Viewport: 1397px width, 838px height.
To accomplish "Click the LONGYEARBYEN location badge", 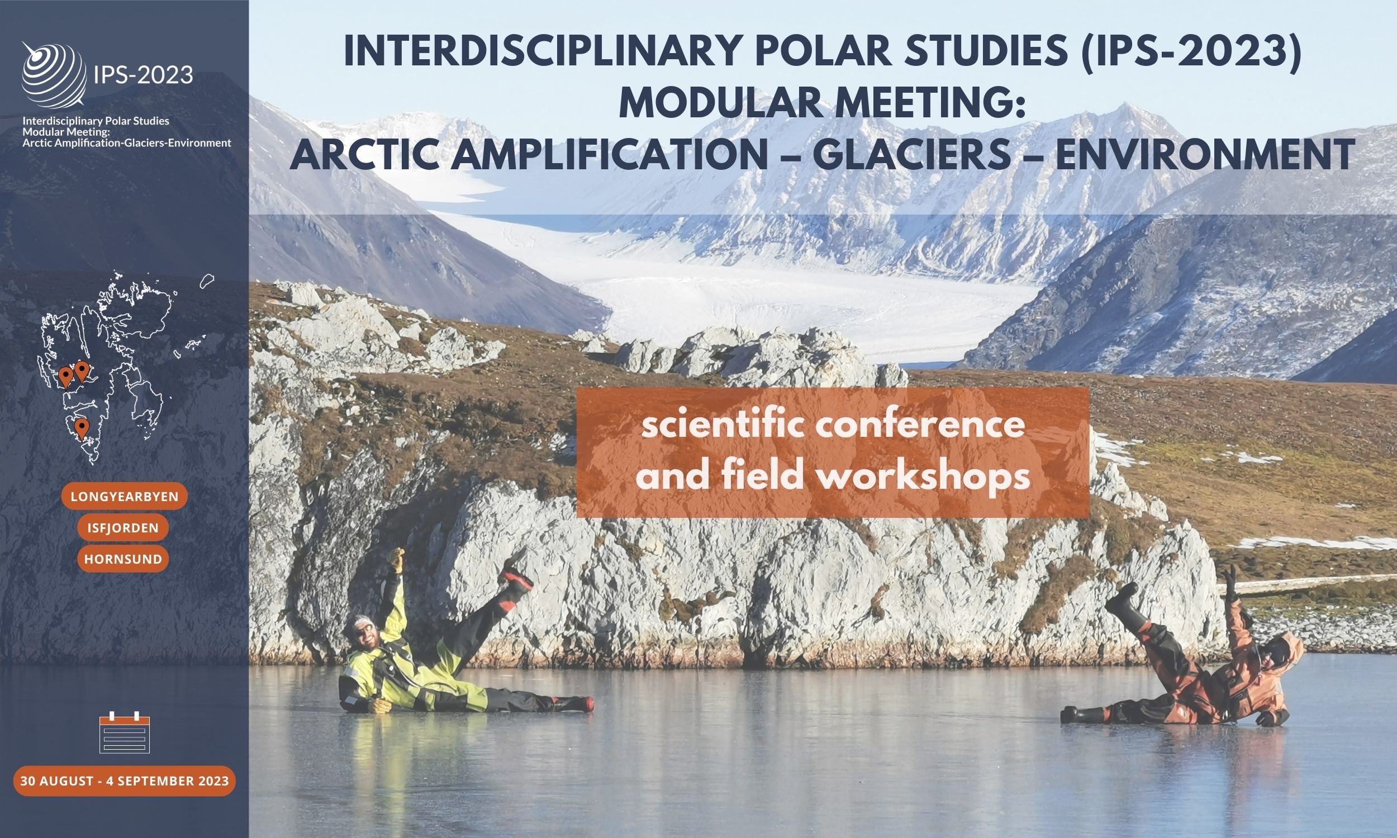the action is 124,497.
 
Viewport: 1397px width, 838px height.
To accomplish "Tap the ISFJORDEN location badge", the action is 122,528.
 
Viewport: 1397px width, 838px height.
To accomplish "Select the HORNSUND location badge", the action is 123,559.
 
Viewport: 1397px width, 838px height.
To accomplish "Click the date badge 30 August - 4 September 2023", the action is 124,781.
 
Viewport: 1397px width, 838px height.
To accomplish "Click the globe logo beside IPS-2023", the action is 54,74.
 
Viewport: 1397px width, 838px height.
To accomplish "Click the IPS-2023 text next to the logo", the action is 144,74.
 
